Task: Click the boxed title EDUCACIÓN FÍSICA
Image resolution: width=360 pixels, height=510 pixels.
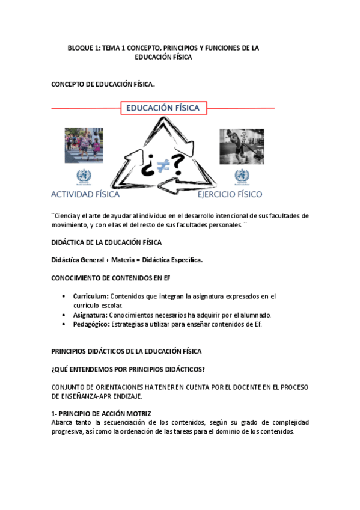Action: pyautogui.click(x=165, y=108)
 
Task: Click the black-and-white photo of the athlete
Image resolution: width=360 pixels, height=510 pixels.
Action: pyautogui.click(x=242, y=147)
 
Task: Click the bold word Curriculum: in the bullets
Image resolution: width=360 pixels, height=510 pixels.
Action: pyautogui.click(x=91, y=296)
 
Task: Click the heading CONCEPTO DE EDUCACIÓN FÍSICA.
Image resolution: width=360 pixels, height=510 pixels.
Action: pyautogui.click(x=103, y=85)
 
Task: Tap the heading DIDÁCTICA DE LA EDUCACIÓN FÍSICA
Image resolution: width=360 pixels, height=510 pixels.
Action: pyautogui.click(x=106, y=242)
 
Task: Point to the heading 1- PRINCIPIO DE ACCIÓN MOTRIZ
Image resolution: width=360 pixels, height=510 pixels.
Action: pyautogui.click(x=101, y=413)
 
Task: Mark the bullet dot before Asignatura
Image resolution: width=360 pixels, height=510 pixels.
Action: pyautogui.click(x=64, y=315)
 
